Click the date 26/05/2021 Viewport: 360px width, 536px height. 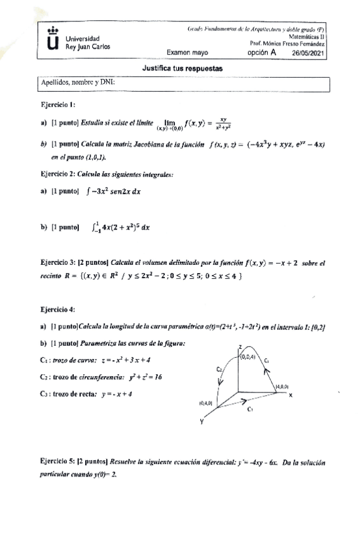pyautogui.click(x=309, y=54)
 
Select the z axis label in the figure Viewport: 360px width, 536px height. pyautogui.click(x=241, y=346)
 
